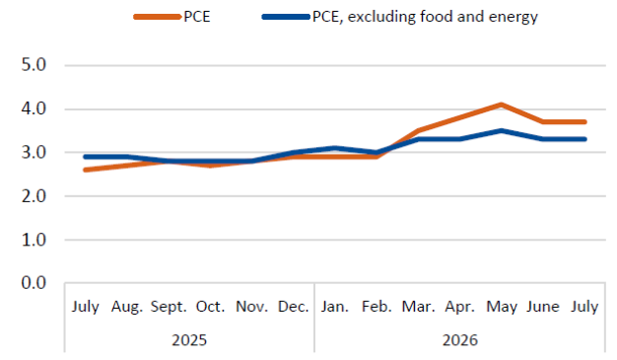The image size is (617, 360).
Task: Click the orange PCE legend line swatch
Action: pyautogui.click(x=157, y=17)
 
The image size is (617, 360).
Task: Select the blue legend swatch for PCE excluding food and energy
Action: pyautogui.click(x=286, y=17)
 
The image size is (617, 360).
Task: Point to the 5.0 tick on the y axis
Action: pyautogui.click(x=34, y=65)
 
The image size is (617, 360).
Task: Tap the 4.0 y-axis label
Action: pyautogui.click(x=34, y=108)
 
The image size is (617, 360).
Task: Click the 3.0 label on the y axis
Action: pyautogui.click(x=34, y=153)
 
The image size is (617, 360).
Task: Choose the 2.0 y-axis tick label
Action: pyautogui.click(x=34, y=195)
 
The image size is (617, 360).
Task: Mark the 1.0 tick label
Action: pyautogui.click(x=34, y=240)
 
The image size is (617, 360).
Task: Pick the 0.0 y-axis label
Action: pyautogui.click(x=34, y=283)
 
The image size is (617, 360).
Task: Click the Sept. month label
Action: pyautogui.click(x=169, y=307)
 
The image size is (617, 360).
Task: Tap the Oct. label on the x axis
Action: pyautogui.click(x=210, y=307)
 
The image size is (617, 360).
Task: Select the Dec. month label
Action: pyautogui.click(x=293, y=307)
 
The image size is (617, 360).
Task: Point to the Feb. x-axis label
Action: pyautogui.click(x=377, y=307)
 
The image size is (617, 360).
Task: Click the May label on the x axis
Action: pyautogui.click(x=502, y=307)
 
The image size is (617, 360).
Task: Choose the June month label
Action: pyautogui.click(x=543, y=307)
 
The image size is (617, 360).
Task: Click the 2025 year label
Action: pyautogui.click(x=189, y=340)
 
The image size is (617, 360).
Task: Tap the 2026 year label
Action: pyautogui.click(x=460, y=340)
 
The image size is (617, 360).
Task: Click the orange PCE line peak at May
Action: pyautogui.click(x=502, y=105)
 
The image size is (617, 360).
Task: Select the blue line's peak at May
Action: pyautogui.click(x=502, y=130)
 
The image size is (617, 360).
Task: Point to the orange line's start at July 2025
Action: pyautogui.click(x=85, y=170)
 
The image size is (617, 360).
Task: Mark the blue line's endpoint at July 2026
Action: pyautogui.click(x=585, y=139)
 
